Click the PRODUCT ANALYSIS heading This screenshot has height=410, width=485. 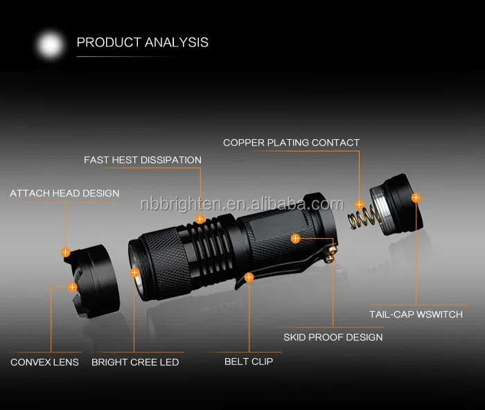[142, 42]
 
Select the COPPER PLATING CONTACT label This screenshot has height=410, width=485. [291, 143]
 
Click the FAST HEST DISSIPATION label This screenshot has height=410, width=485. [143, 160]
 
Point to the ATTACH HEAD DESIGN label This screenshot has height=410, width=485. [64, 193]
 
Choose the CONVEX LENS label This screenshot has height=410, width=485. [44, 362]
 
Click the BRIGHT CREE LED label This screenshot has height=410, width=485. [135, 362]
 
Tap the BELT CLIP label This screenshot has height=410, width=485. [249, 362]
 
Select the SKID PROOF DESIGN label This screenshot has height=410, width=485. [333, 337]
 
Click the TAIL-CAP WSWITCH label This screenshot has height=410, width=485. [416, 315]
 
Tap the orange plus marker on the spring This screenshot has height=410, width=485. [359, 204]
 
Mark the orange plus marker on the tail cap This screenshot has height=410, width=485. [416, 197]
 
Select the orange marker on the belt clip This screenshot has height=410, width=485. [249, 277]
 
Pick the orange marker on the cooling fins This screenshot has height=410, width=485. [200, 219]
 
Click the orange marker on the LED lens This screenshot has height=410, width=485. [134, 271]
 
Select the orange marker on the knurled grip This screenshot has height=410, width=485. [295, 238]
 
